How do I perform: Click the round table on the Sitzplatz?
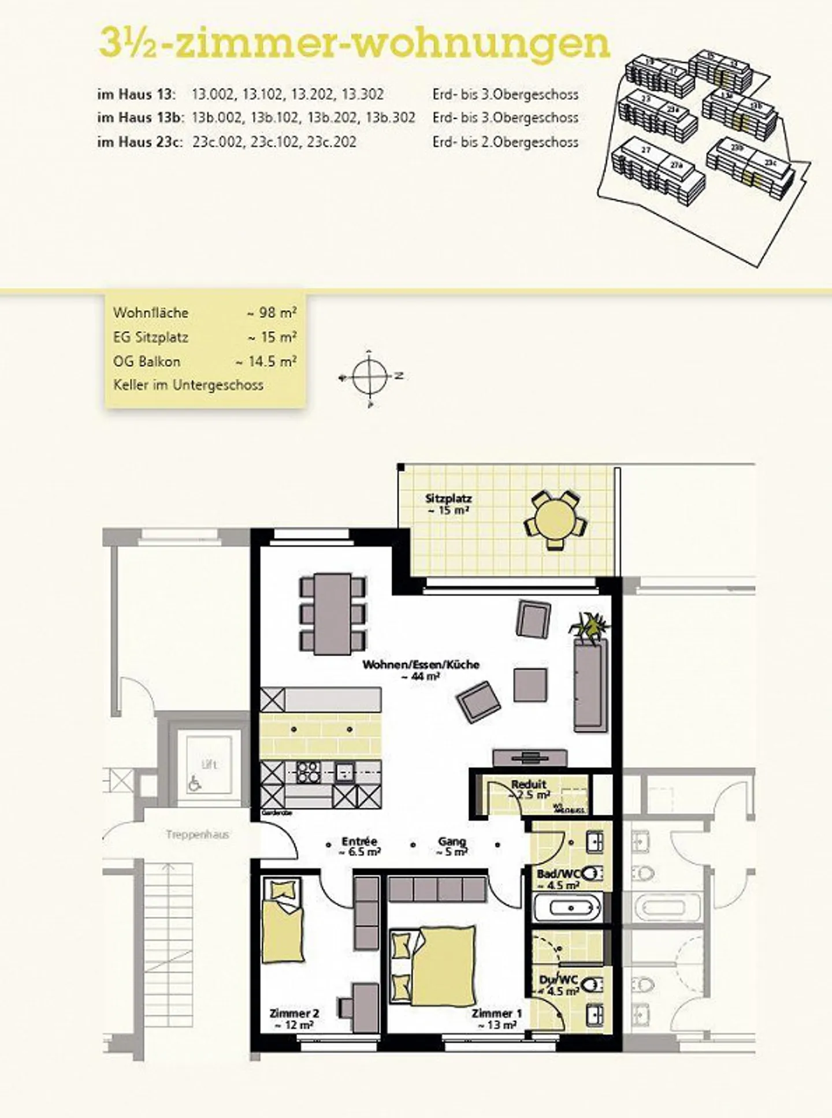[x=554, y=519]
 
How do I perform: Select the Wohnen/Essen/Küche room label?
[x=421, y=665]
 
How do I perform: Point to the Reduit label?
[x=528, y=785]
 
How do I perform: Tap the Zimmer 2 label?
[x=294, y=1013]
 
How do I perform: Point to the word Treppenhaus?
[x=197, y=834]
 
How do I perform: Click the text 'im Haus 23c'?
[x=140, y=141]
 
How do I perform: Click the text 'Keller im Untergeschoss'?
[x=188, y=385]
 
